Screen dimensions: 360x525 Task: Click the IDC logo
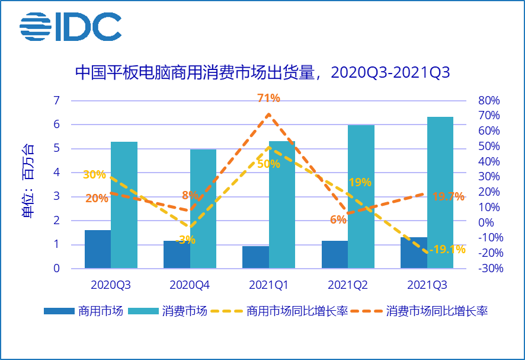70,27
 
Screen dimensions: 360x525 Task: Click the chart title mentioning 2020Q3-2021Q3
262,73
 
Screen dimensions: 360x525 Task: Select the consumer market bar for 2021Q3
440,193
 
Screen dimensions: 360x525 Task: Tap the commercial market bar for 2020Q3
98,249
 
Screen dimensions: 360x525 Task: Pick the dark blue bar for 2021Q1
255,257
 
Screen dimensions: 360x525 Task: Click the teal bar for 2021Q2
361,197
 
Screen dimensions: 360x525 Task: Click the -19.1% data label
449,250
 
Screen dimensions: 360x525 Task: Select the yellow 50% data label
268,164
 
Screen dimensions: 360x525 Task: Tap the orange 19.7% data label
449,197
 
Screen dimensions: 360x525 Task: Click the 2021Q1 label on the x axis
268,285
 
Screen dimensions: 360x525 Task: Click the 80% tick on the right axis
489,100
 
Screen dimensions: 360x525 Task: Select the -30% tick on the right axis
489,269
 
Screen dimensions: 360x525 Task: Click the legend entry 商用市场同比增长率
297,311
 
